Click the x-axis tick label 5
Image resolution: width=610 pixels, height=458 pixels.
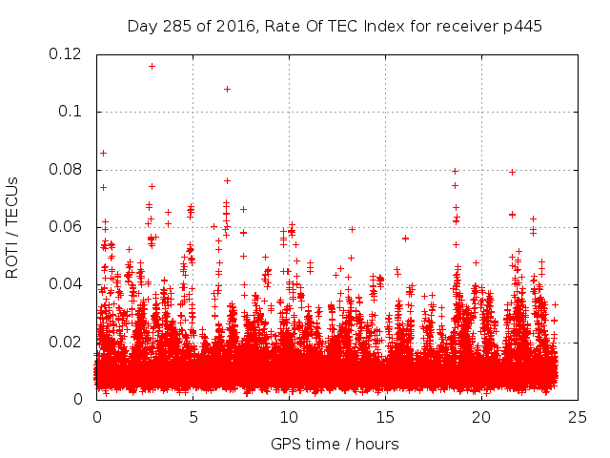click(x=193, y=417)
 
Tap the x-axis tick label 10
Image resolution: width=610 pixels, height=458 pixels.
click(x=289, y=417)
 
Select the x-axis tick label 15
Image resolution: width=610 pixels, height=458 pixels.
click(x=385, y=417)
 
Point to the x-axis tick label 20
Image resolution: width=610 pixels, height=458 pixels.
click(x=481, y=417)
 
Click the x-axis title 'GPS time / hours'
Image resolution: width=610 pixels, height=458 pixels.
click(x=335, y=444)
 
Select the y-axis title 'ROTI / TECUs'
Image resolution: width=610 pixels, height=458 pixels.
click(x=12, y=227)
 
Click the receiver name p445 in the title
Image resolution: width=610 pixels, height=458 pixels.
click(x=522, y=26)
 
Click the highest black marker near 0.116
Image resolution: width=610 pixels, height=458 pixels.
click(x=152, y=66)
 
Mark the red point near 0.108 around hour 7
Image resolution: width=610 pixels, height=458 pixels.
click(x=227, y=89)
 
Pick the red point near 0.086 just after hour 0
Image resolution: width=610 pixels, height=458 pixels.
click(x=103, y=153)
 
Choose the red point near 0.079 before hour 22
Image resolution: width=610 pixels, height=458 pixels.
click(x=512, y=172)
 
